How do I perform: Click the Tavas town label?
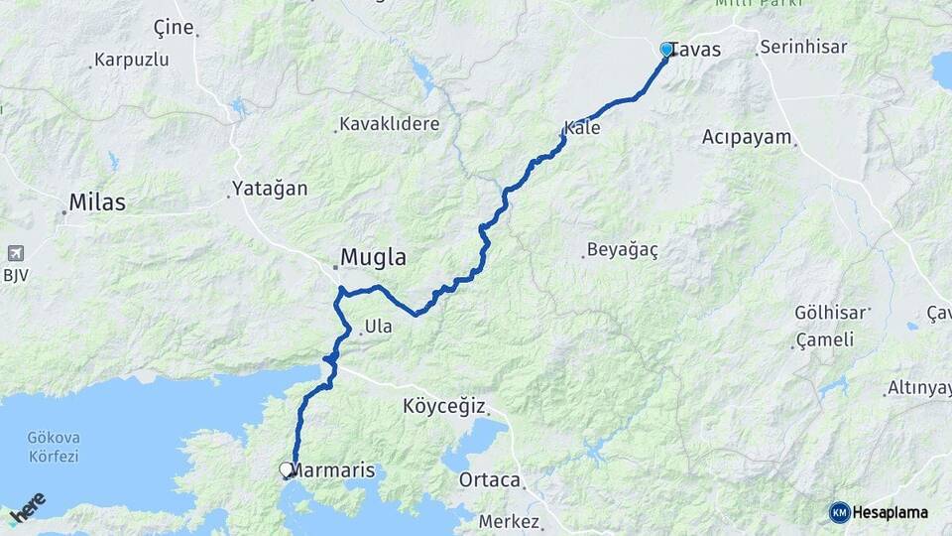click(x=696, y=50)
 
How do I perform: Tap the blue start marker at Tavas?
click(x=666, y=49)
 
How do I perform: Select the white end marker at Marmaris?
click(x=287, y=469)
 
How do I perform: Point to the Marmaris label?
click(x=334, y=469)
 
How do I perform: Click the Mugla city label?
click(x=373, y=258)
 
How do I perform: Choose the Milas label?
click(x=96, y=202)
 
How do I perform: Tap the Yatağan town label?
click(x=270, y=188)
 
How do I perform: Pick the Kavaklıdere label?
click(x=389, y=124)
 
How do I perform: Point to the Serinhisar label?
click(x=803, y=47)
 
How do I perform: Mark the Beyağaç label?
click(x=622, y=249)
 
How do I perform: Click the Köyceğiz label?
click(x=444, y=406)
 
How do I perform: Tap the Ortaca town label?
click(x=490, y=480)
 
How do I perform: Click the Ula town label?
click(x=379, y=326)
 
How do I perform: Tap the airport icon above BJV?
click(x=15, y=253)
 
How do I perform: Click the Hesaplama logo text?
click(x=891, y=512)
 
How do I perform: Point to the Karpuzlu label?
click(x=131, y=60)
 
